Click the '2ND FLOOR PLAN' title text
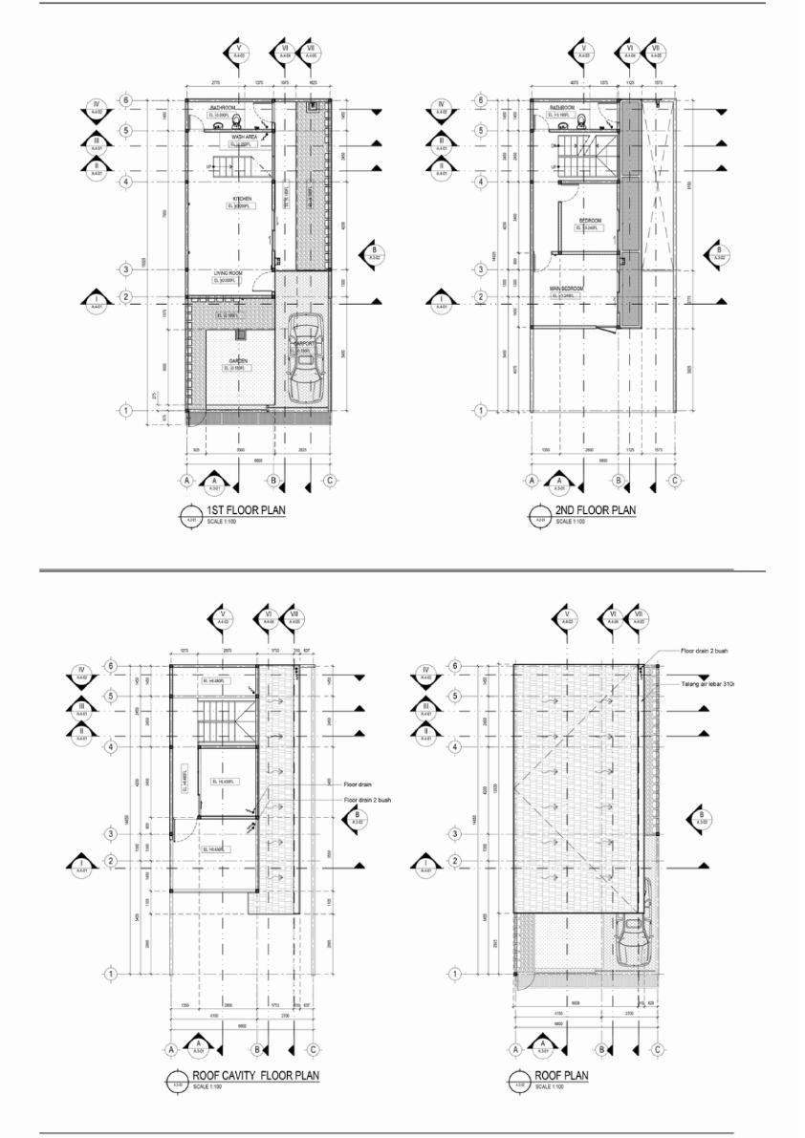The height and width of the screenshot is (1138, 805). [x=595, y=511]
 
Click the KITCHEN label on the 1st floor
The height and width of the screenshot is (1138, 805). [x=228, y=200]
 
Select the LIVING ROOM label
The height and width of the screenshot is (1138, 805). [x=228, y=273]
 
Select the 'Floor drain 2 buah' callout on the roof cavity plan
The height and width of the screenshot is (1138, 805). [x=367, y=799]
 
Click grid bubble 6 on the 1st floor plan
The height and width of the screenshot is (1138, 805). [x=125, y=100]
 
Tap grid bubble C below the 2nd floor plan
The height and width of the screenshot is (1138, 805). [x=674, y=481]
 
